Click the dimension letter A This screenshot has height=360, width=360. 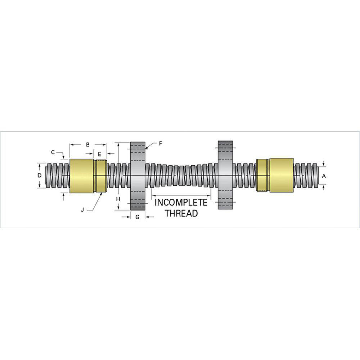point(324,176)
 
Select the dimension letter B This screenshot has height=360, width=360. point(87,145)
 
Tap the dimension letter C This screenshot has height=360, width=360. point(53,152)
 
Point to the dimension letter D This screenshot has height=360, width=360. point(40,175)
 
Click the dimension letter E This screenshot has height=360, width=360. point(99,153)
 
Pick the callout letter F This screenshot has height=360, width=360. point(161,143)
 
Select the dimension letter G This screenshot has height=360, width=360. point(137,217)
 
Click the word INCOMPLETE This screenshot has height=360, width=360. point(181,203)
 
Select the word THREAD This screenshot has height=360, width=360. point(181,213)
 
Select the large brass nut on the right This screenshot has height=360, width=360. point(281,176)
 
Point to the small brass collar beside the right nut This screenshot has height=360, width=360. point(262,176)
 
